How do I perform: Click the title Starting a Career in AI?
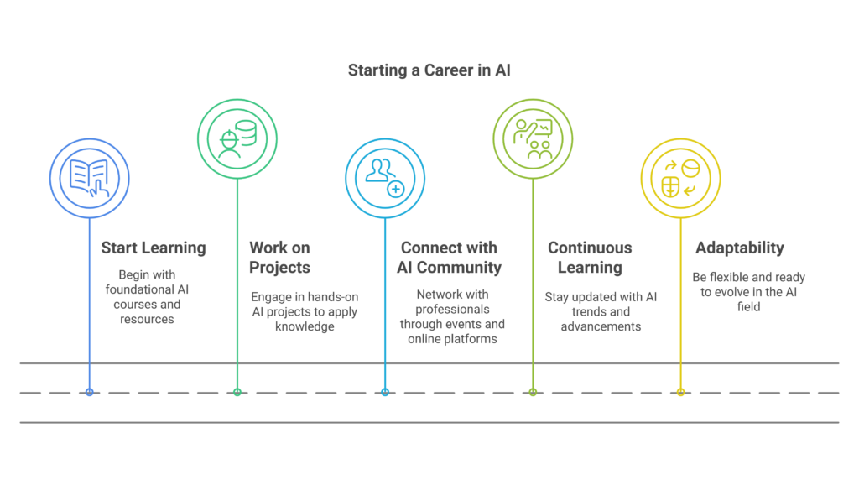429,70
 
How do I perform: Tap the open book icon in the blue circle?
89,178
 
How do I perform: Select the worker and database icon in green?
237,138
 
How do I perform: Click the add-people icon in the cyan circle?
384,178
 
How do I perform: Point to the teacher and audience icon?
533,138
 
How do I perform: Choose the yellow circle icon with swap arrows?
680,178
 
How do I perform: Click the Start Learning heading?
154,248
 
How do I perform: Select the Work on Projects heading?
280,258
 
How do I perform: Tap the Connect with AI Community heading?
450,258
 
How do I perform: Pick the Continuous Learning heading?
590,258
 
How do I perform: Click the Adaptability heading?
740,248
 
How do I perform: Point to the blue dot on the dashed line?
89,393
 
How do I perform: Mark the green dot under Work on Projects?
237,393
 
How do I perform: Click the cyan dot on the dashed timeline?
385,393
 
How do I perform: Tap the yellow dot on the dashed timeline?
680,393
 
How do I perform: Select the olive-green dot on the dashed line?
533,393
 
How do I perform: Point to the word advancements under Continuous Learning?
601,326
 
